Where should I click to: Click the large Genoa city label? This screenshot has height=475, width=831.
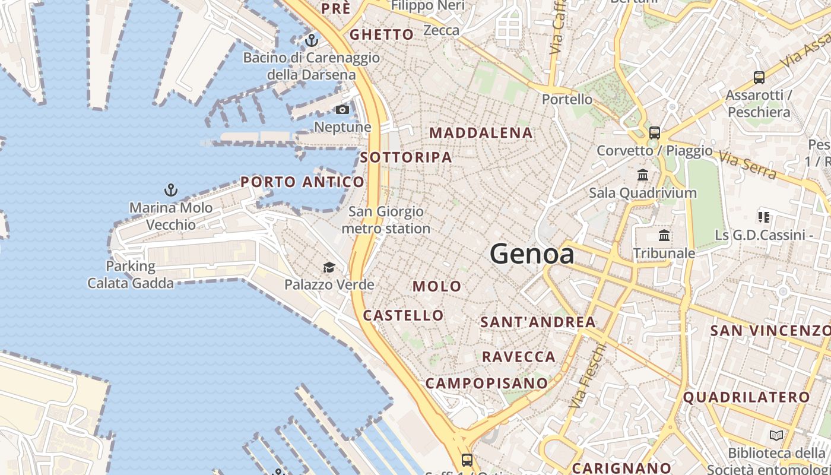tap(532, 254)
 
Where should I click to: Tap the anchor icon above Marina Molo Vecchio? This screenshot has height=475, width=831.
tap(171, 191)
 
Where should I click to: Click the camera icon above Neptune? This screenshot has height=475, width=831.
tap(342, 109)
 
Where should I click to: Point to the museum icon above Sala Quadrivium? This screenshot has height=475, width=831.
tap(643, 175)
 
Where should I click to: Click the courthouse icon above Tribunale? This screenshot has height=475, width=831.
tap(664, 236)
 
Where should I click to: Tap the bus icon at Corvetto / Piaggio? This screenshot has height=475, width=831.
tap(655, 133)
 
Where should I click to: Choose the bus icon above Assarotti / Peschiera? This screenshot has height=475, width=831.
tap(759, 77)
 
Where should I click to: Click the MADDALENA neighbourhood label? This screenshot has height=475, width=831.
tap(481, 133)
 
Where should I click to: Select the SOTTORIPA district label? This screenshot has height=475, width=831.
tap(406, 158)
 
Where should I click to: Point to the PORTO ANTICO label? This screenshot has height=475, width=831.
tap(302, 182)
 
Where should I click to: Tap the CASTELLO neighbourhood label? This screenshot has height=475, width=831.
tap(403, 315)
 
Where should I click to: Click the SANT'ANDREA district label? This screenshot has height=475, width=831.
tap(538, 322)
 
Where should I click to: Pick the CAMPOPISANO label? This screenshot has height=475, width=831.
tap(486, 384)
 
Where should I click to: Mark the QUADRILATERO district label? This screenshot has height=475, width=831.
tap(746, 397)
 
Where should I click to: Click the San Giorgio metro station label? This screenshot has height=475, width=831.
tap(386, 220)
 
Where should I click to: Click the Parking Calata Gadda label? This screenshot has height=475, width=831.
tap(131, 274)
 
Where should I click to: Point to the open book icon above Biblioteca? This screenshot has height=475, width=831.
tap(776, 436)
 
